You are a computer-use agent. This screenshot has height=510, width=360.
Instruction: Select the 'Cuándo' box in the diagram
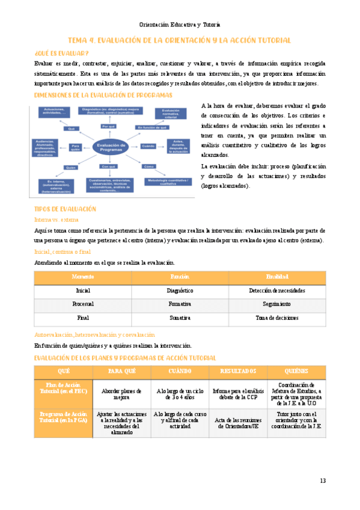(x=148, y=146)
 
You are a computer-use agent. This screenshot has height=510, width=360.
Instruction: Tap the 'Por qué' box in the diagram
(x=108, y=126)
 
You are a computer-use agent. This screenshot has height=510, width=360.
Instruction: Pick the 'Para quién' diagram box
(x=75, y=146)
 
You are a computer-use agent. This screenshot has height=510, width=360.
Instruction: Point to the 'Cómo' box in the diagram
(x=149, y=165)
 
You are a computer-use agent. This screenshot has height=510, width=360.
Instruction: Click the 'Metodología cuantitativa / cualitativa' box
(x=166, y=182)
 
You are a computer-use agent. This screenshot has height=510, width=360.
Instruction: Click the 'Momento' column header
(x=83, y=277)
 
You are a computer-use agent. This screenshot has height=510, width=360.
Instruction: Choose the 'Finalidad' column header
(x=277, y=277)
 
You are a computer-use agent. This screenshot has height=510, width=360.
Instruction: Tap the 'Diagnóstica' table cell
(x=180, y=290)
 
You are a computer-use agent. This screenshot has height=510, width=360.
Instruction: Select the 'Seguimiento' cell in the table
(x=277, y=304)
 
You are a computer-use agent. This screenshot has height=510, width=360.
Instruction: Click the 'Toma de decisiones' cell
(x=277, y=318)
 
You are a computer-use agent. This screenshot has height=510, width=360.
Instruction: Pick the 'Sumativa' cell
(x=180, y=318)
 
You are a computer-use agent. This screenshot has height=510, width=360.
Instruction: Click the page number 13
(x=322, y=481)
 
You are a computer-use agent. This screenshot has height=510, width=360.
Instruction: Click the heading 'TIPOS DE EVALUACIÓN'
(x=66, y=209)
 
